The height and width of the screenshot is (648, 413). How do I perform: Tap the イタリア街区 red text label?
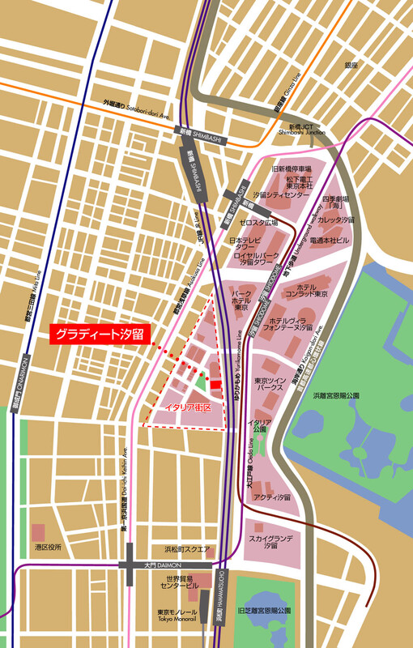(x=188, y=407)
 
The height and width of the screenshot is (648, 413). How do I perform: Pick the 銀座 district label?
(x=351, y=65)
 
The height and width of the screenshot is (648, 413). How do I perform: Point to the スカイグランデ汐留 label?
(x=270, y=542)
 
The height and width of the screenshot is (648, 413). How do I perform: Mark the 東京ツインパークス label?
(x=268, y=384)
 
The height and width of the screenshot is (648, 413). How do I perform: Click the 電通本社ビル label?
(x=332, y=241)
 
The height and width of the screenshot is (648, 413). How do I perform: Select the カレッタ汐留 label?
(x=336, y=220)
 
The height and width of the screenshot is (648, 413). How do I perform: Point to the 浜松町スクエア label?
(x=187, y=548)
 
